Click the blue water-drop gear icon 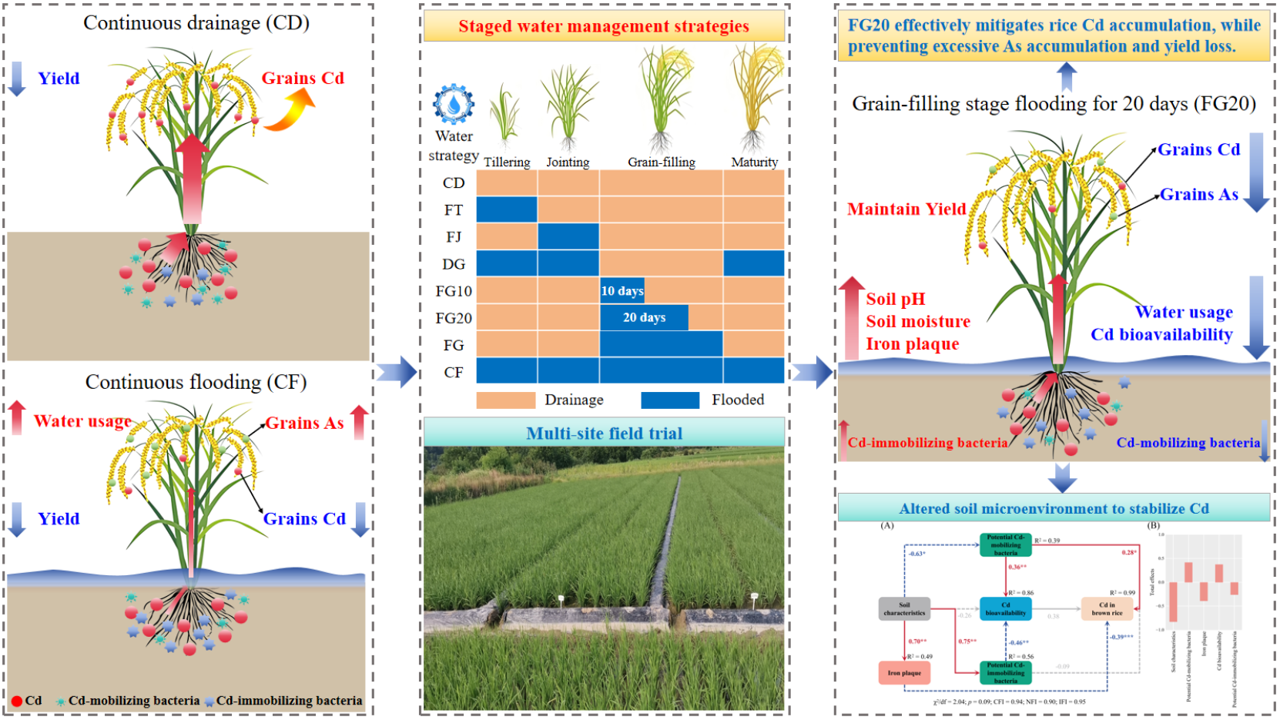click(x=454, y=104)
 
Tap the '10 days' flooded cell click(x=622, y=291)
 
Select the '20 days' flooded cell click(x=644, y=318)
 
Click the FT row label click(x=454, y=210)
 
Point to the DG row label click(x=454, y=264)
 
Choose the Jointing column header click(x=568, y=162)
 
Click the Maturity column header click(x=754, y=162)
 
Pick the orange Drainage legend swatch click(x=506, y=400)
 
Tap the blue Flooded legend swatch click(x=670, y=400)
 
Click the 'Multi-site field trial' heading click(x=604, y=434)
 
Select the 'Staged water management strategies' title click(x=604, y=26)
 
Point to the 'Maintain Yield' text click(x=906, y=209)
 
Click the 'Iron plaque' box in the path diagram click(x=904, y=672)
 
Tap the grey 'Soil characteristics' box click(x=904, y=609)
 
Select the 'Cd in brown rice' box click(x=1107, y=609)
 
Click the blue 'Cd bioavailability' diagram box click(x=1005, y=609)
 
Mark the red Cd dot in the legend click(x=17, y=702)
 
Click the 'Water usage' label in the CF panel click(x=82, y=421)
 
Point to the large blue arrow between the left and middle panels click(x=397, y=373)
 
